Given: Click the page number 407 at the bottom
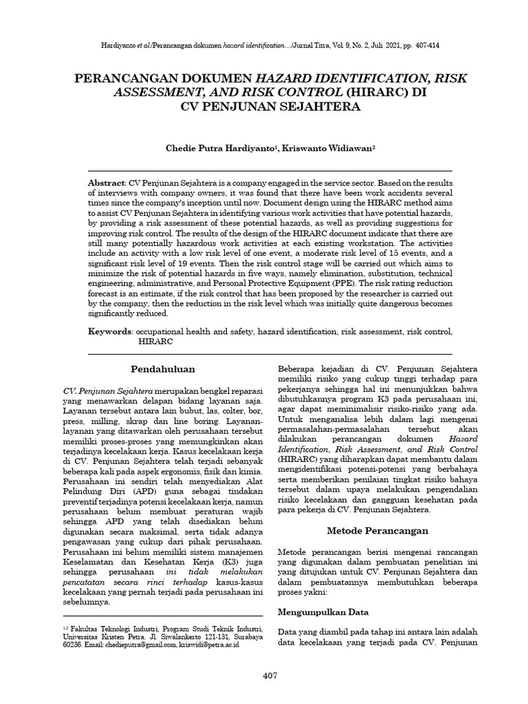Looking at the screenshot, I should click(269, 676).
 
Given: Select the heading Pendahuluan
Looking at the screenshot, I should click(164, 369).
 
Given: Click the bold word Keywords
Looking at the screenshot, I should click(109, 331).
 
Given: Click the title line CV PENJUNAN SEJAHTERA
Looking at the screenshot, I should click(269, 108).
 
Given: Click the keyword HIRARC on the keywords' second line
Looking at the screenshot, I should click(155, 341).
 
